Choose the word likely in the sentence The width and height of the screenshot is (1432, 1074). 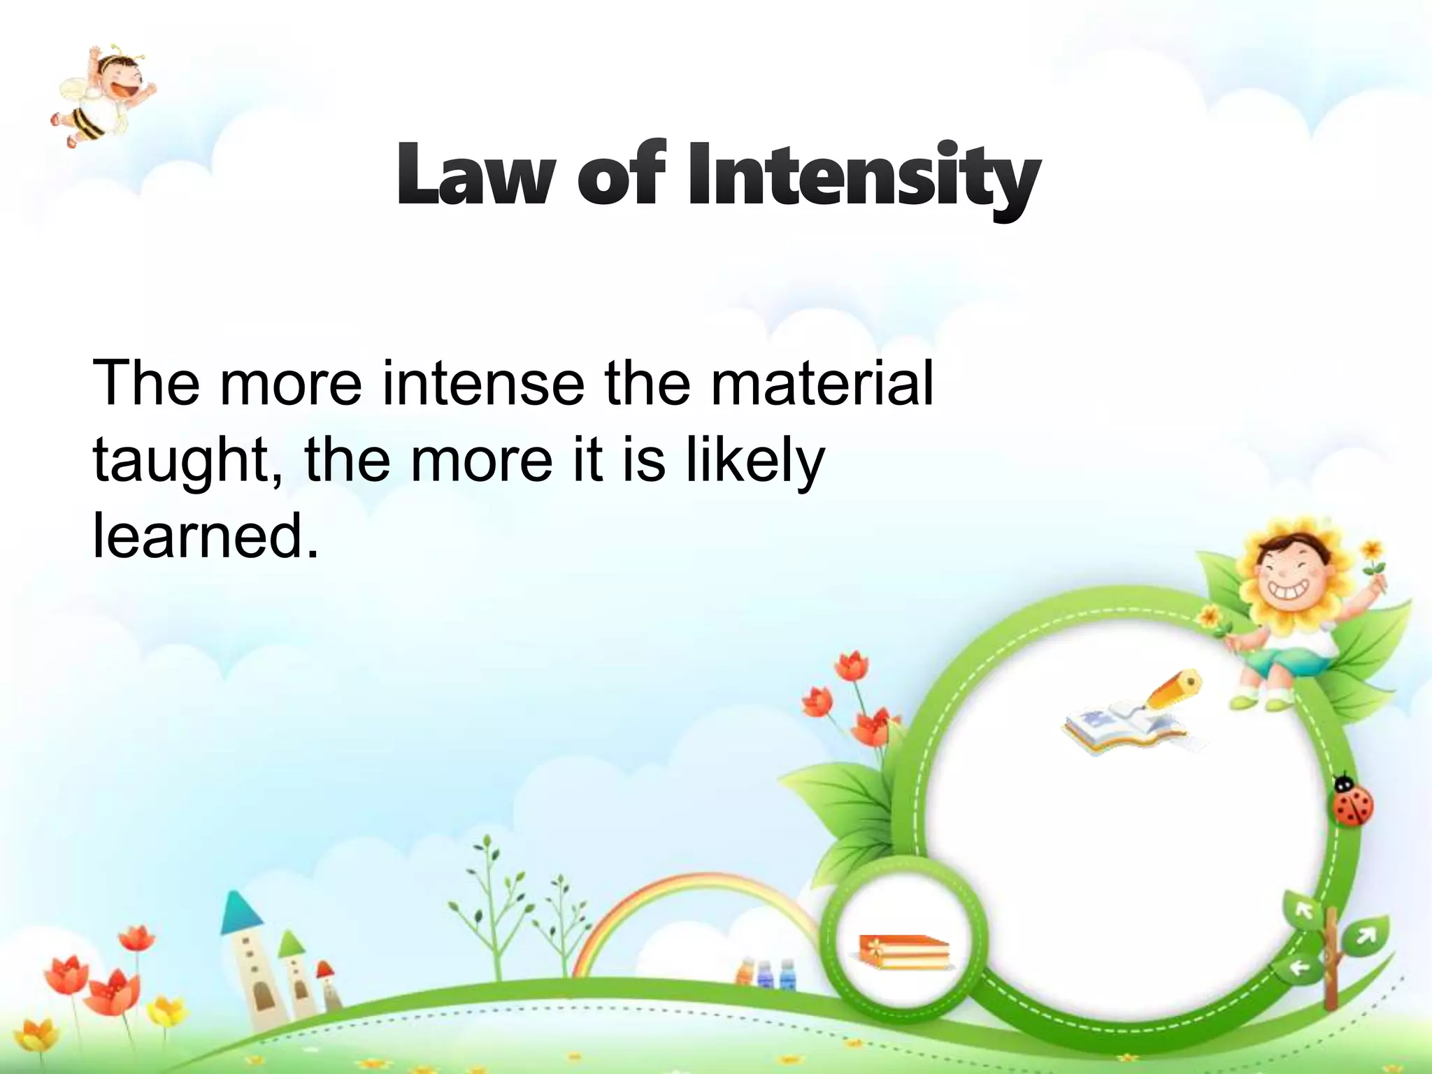(755, 461)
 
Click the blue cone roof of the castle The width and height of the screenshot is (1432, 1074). (242, 912)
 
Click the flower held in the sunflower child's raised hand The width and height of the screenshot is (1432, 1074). (1373, 552)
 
